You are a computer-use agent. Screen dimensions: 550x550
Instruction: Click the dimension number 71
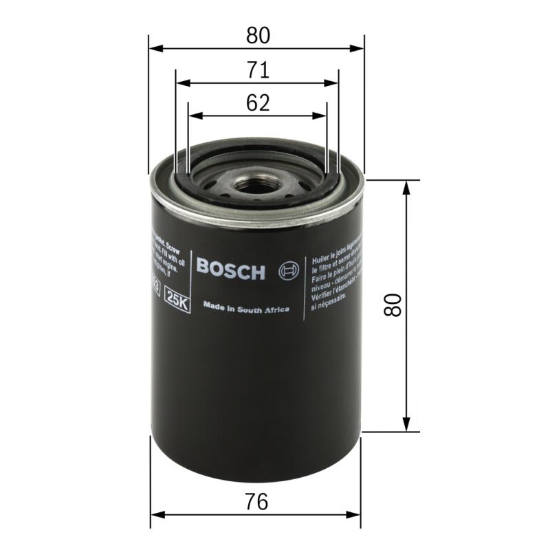pyautogui.click(x=256, y=70)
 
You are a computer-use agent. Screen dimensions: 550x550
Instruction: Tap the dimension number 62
pyautogui.click(x=256, y=103)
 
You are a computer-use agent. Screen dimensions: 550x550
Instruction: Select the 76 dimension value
pyautogui.click(x=256, y=503)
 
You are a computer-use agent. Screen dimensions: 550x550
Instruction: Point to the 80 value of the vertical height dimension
pyautogui.click(x=393, y=305)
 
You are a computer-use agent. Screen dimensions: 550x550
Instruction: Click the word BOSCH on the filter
pyautogui.click(x=230, y=270)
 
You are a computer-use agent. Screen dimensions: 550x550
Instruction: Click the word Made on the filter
pyautogui.click(x=213, y=306)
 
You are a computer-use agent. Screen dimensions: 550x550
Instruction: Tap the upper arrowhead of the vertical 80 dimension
pyautogui.click(x=408, y=187)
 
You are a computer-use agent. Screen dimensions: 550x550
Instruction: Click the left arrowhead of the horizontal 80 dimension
pyautogui.click(x=155, y=48)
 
